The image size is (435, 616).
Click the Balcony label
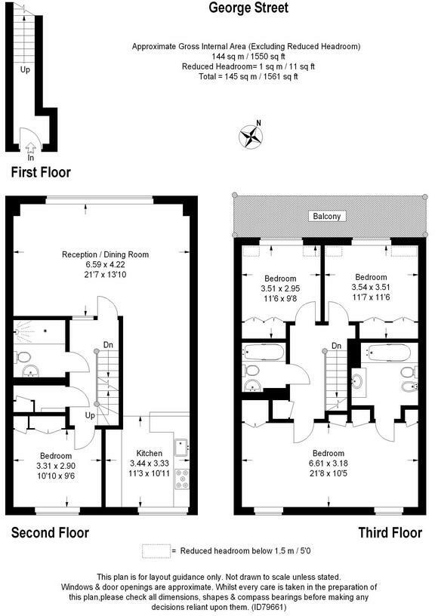point(327,217)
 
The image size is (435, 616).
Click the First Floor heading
point(41,172)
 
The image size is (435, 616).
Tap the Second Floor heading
point(50,533)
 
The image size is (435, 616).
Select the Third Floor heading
point(390,533)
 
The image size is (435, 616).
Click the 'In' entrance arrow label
point(31,158)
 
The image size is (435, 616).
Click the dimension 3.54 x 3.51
point(371,287)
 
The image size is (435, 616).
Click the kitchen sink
point(180,448)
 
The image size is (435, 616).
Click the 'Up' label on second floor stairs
point(88,414)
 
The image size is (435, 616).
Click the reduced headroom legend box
point(155,551)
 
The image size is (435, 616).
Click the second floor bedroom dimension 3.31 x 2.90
point(57,466)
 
